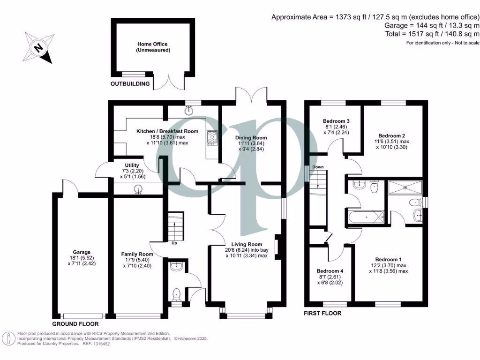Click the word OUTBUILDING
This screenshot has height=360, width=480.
coord(130,84)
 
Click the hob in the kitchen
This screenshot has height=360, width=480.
coord(211,138)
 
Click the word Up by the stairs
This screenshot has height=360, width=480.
coord(174,243)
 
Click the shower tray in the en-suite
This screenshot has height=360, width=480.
coord(405,188)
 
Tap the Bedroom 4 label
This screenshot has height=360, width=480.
coord(330,274)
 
